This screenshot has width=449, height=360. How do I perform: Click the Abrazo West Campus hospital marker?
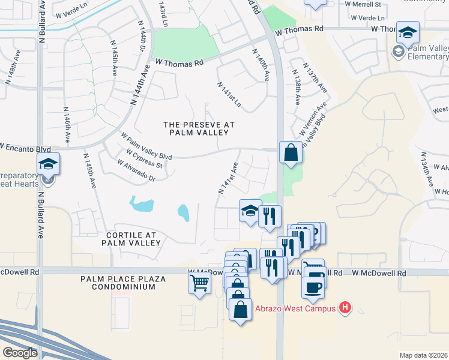(345, 308)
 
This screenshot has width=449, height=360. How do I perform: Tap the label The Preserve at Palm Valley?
(199, 128)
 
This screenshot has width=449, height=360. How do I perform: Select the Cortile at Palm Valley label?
(131, 239)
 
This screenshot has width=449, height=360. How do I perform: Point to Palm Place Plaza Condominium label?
(118, 283)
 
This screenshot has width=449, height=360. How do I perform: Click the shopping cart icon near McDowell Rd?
(200, 283)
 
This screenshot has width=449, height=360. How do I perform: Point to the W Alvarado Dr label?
(136, 170)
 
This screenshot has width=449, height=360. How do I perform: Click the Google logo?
(20, 353)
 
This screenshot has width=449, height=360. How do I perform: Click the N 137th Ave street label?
(315, 78)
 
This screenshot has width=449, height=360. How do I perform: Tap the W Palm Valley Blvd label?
(146, 146)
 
